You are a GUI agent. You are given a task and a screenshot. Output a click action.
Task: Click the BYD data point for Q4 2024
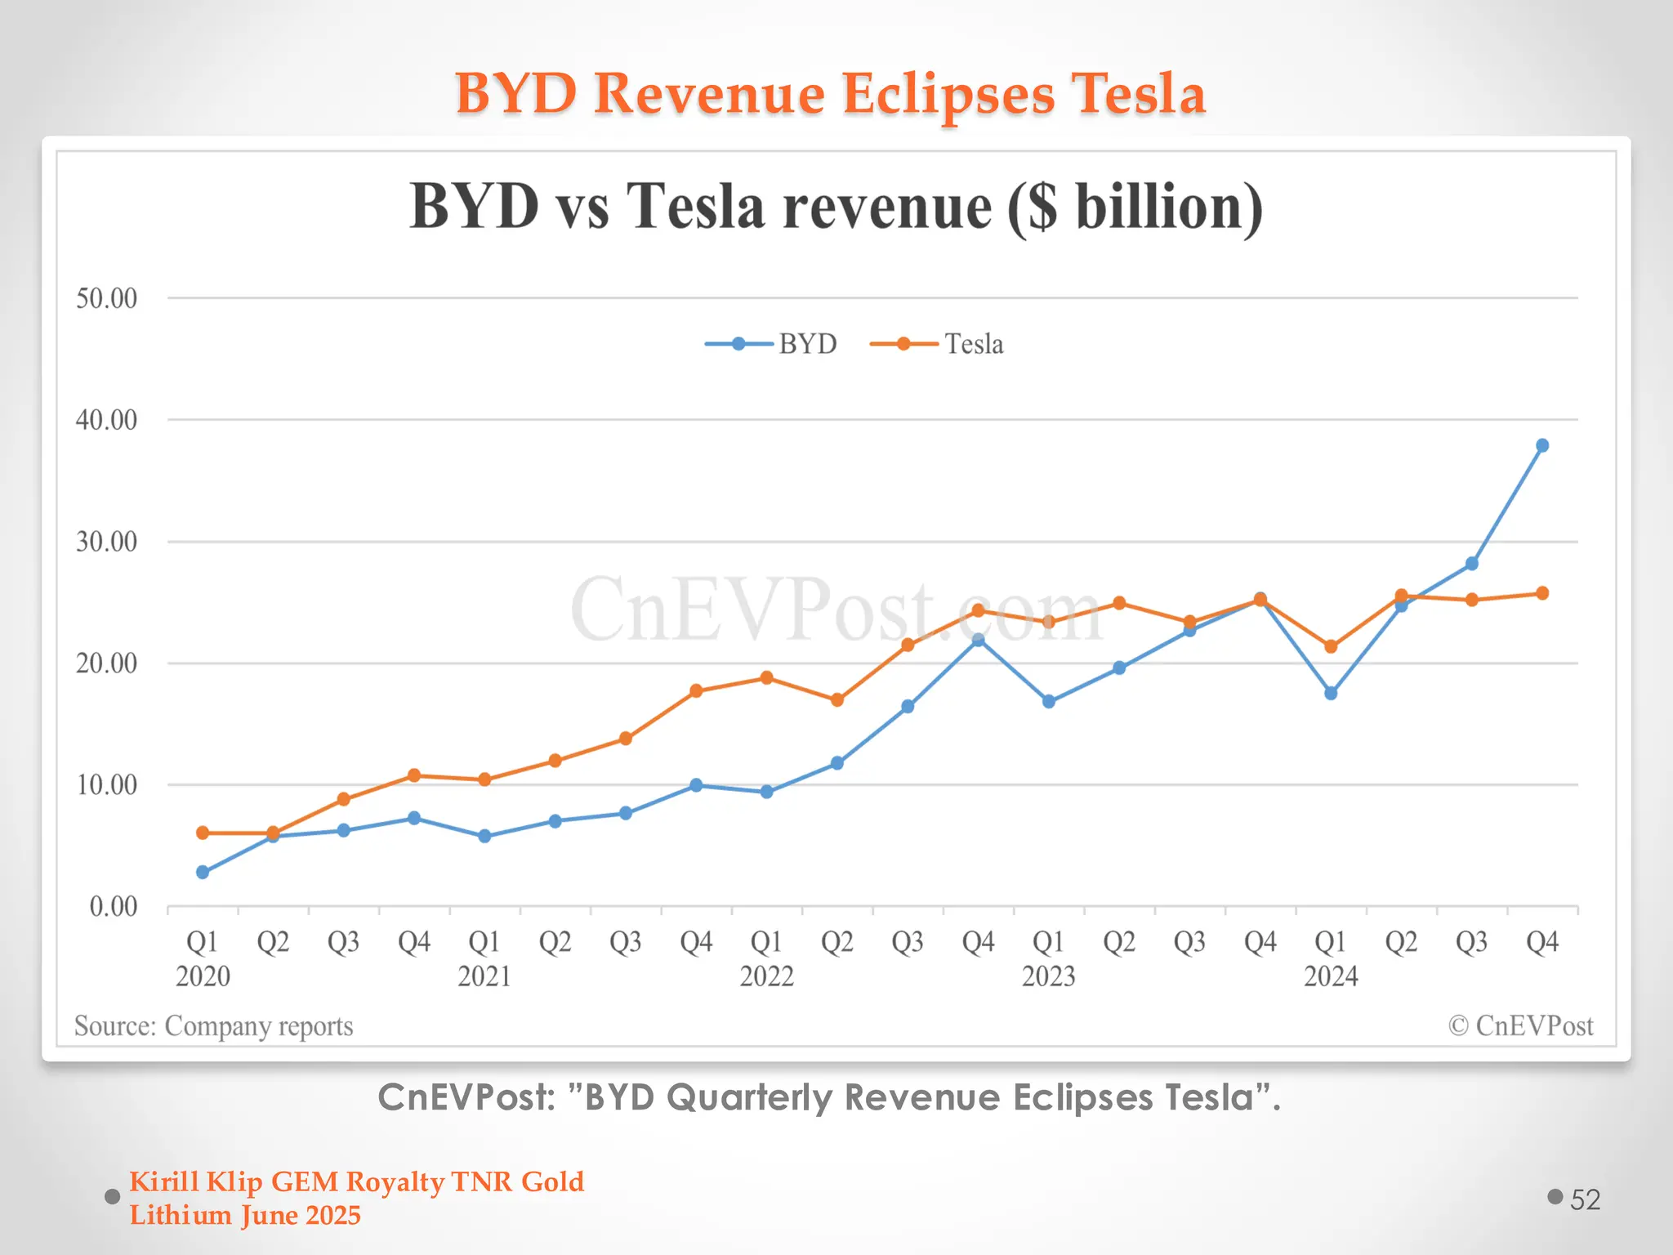point(1542,445)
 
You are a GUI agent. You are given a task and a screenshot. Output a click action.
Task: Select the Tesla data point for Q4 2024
point(1542,593)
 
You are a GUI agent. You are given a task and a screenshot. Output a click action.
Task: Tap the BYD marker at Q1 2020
point(203,872)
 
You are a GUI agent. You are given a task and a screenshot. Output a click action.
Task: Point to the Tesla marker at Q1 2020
point(203,833)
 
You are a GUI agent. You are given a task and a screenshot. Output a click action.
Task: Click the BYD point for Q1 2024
point(1331,693)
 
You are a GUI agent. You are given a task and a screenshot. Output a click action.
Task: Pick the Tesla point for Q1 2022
point(766,677)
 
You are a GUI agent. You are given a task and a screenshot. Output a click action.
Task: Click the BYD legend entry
point(772,344)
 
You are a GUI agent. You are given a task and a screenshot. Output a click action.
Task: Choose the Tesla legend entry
point(938,344)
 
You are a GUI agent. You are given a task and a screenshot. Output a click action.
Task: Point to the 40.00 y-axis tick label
point(107,420)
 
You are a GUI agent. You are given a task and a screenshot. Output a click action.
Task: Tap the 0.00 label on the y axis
point(114,906)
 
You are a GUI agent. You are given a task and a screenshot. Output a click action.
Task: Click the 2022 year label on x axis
point(766,976)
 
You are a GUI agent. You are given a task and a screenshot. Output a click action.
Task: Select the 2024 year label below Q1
point(1331,976)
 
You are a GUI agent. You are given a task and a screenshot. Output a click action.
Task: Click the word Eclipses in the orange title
point(948,94)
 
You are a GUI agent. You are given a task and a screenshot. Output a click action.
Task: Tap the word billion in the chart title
point(1168,207)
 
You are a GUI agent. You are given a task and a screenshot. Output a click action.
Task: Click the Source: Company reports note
point(214,1026)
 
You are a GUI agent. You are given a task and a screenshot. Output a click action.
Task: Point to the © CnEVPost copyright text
point(1520,1026)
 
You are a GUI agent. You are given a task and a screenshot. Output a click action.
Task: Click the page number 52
point(1585,1199)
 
